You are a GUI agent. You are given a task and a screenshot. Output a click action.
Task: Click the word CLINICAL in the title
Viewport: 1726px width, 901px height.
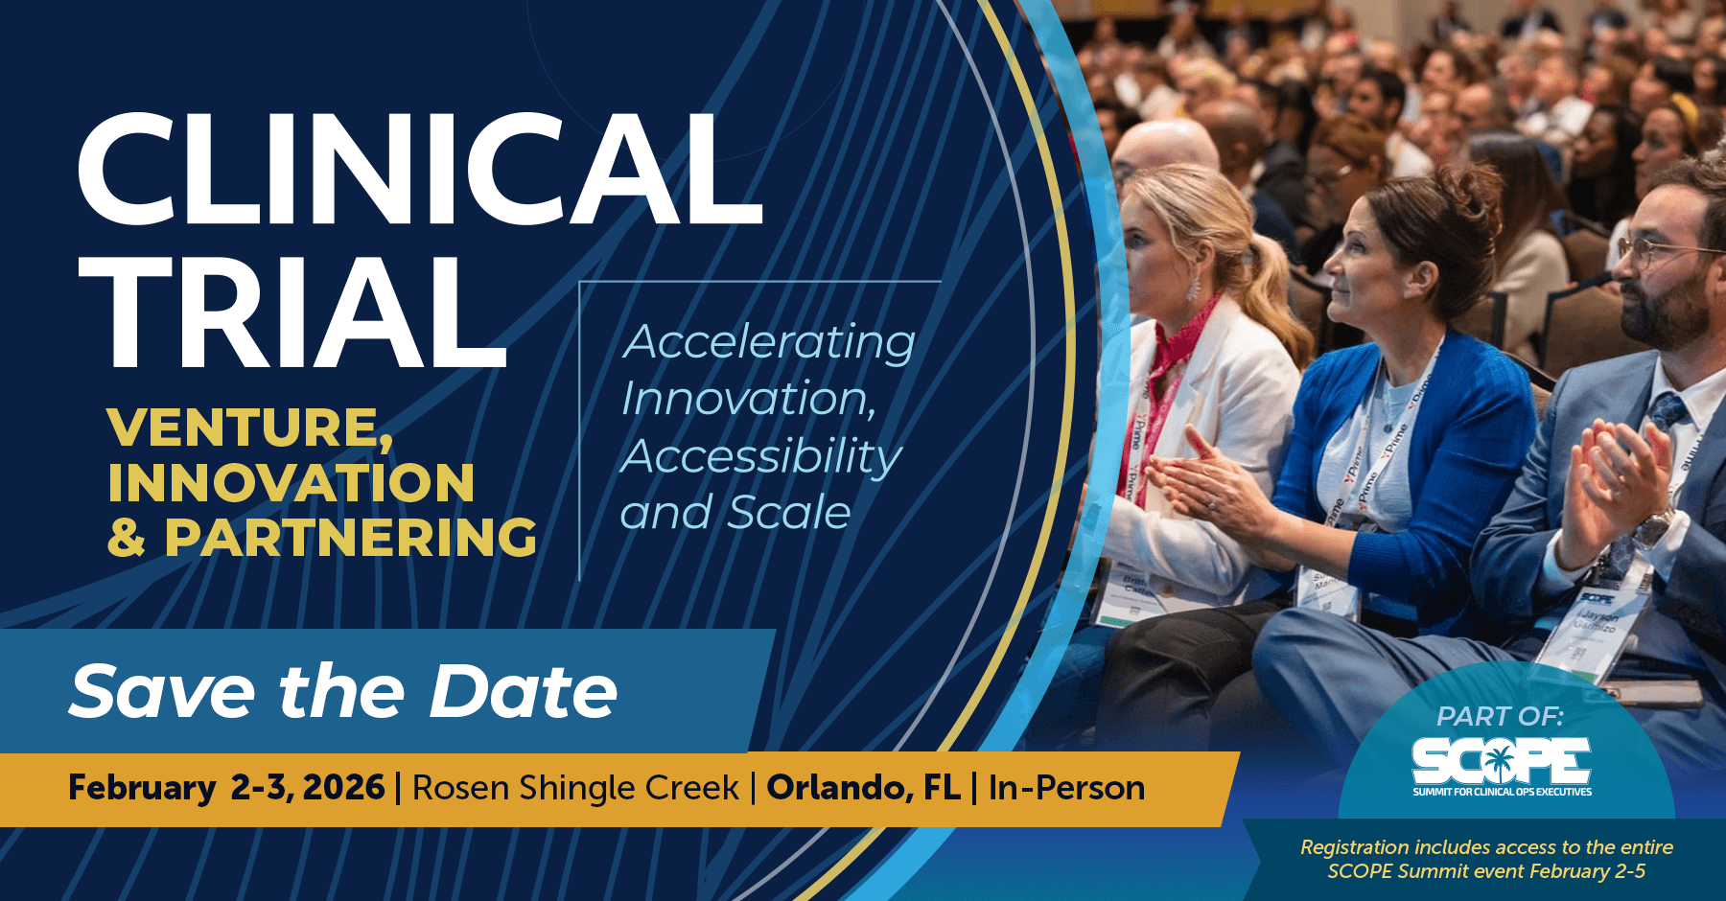pos(419,170)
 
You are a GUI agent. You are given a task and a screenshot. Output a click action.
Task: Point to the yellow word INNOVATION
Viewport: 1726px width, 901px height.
pos(291,482)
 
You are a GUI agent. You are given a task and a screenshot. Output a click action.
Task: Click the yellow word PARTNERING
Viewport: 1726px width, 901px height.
pos(351,538)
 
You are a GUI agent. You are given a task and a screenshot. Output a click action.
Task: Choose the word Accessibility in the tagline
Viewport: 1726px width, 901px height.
pos(761,456)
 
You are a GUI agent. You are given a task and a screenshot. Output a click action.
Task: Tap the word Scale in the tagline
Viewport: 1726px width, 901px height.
pos(789,513)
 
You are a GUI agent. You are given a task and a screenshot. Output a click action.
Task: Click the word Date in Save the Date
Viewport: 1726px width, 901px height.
pos(524,691)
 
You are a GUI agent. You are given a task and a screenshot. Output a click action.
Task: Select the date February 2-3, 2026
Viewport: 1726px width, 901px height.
pos(226,788)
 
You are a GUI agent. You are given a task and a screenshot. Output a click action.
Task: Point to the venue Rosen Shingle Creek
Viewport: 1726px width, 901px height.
pos(575,788)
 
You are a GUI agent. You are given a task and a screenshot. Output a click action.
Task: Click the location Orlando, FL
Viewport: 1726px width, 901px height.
pos(863,788)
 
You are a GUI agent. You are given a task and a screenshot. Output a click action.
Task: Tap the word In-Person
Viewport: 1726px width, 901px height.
pos(1066,788)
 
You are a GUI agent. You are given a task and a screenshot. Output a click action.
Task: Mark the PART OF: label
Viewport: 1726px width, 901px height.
pos(1500,716)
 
